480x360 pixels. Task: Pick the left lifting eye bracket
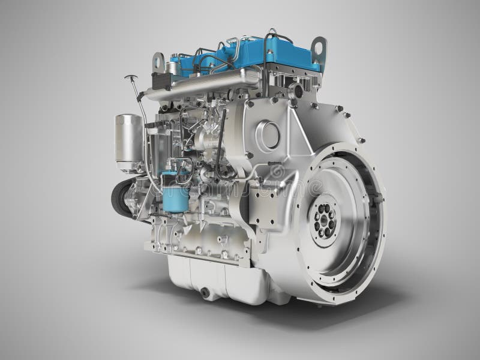point(158,61)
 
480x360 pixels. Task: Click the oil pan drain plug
point(206,292)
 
